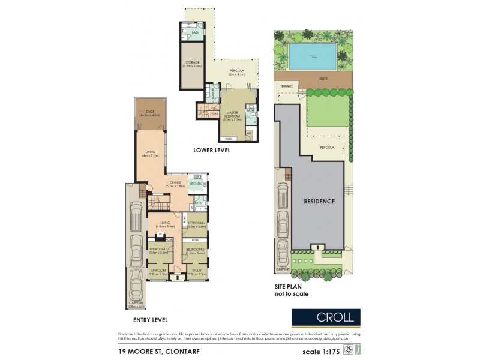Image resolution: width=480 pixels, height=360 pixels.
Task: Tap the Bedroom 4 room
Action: point(197,225)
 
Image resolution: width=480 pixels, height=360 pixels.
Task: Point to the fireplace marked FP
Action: point(160,234)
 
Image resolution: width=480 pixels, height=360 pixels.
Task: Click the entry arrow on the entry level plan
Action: point(178,278)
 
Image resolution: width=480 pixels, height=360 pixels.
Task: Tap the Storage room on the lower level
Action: point(193,64)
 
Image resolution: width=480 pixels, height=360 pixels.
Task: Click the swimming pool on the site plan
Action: point(311,57)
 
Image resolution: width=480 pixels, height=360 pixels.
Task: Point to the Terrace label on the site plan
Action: point(287,86)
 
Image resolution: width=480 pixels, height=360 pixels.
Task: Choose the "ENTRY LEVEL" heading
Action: point(147,320)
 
